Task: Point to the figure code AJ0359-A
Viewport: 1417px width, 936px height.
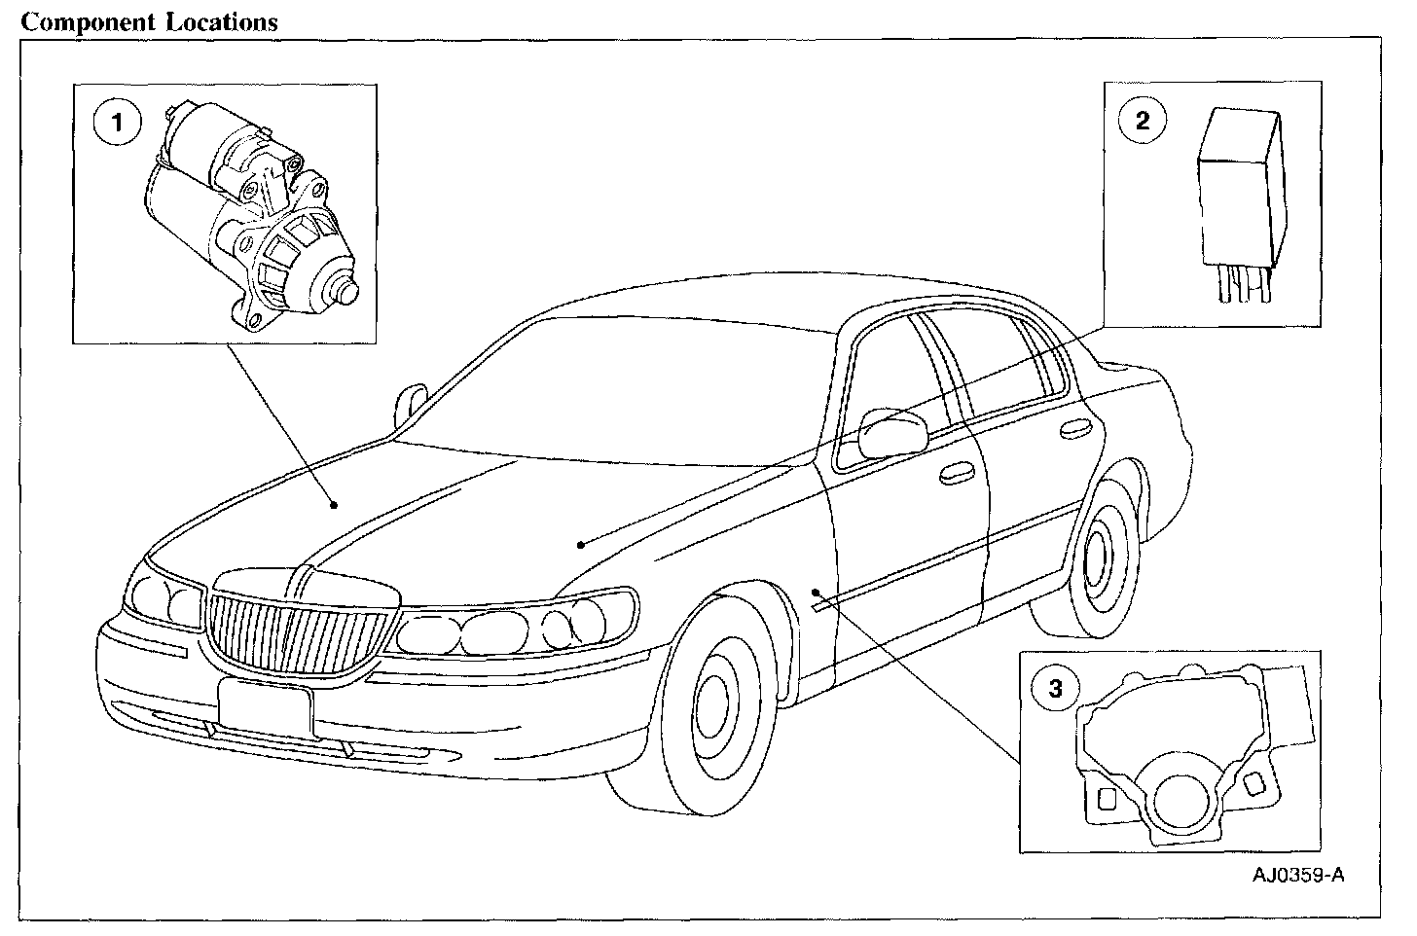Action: click(x=1298, y=876)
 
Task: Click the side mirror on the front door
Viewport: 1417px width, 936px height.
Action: click(x=890, y=432)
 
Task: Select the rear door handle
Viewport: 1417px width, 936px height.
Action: click(x=1077, y=427)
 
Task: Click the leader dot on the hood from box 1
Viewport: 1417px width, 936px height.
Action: click(x=333, y=504)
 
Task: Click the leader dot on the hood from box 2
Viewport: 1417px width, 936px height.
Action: click(x=580, y=545)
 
